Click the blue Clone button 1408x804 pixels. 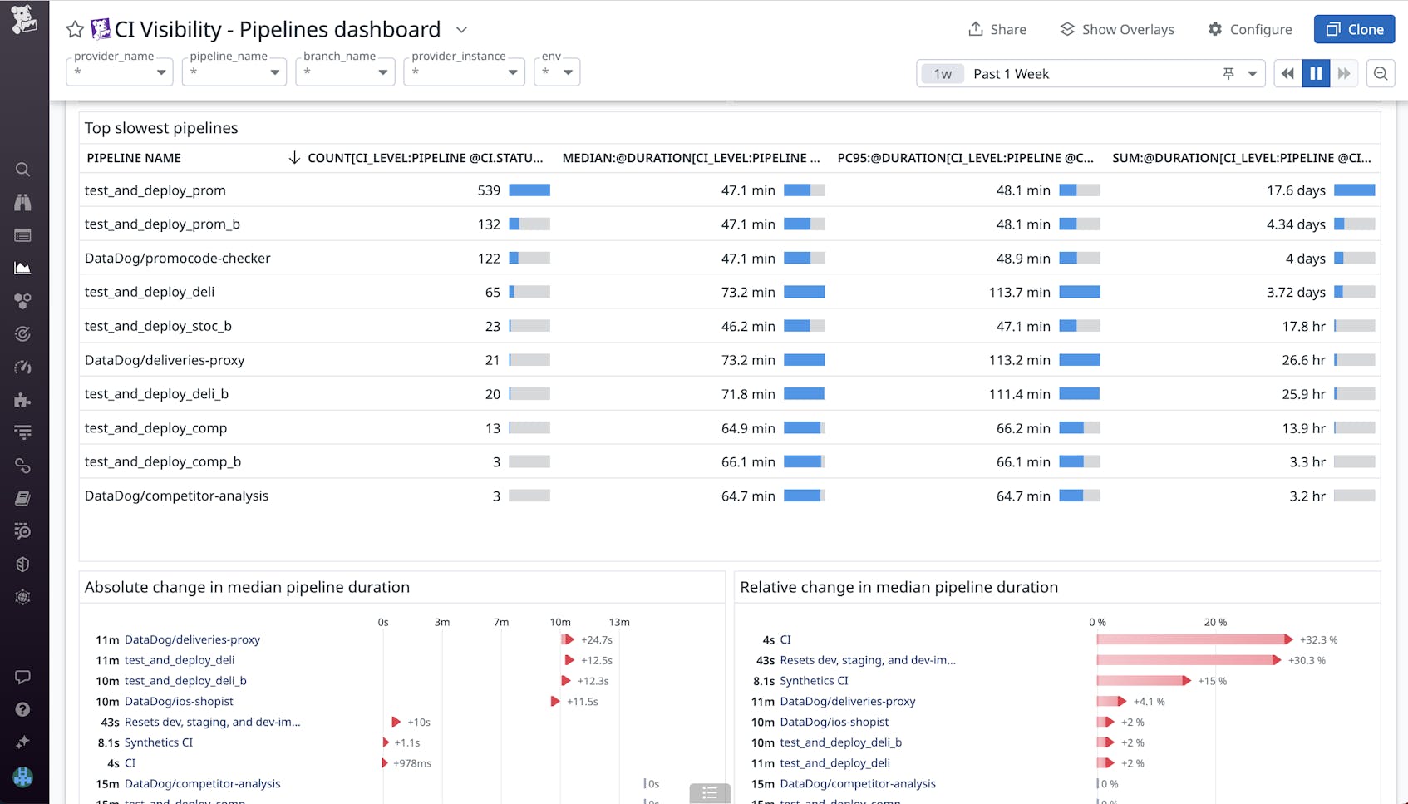click(1354, 29)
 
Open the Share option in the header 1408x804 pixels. click(997, 29)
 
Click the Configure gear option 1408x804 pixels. click(1250, 29)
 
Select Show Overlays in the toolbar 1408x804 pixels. click(1117, 29)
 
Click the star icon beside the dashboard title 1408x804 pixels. click(75, 30)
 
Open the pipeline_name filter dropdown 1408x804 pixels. click(234, 72)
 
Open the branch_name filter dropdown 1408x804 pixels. click(344, 72)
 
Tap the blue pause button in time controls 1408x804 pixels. click(1316, 73)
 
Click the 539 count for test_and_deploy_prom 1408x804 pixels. click(489, 190)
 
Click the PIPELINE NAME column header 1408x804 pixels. click(134, 158)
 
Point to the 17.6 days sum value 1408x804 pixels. click(1296, 190)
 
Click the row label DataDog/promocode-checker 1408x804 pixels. click(178, 259)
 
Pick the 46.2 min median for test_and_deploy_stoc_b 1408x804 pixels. click(748, 327)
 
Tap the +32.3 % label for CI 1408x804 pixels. click(1318, 640)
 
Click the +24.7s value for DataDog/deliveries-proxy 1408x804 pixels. click(597, 640)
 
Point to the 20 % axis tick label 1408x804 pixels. click(1215, 622)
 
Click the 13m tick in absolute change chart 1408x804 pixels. click(618, 622)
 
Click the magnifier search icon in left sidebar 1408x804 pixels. click(22, 170)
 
